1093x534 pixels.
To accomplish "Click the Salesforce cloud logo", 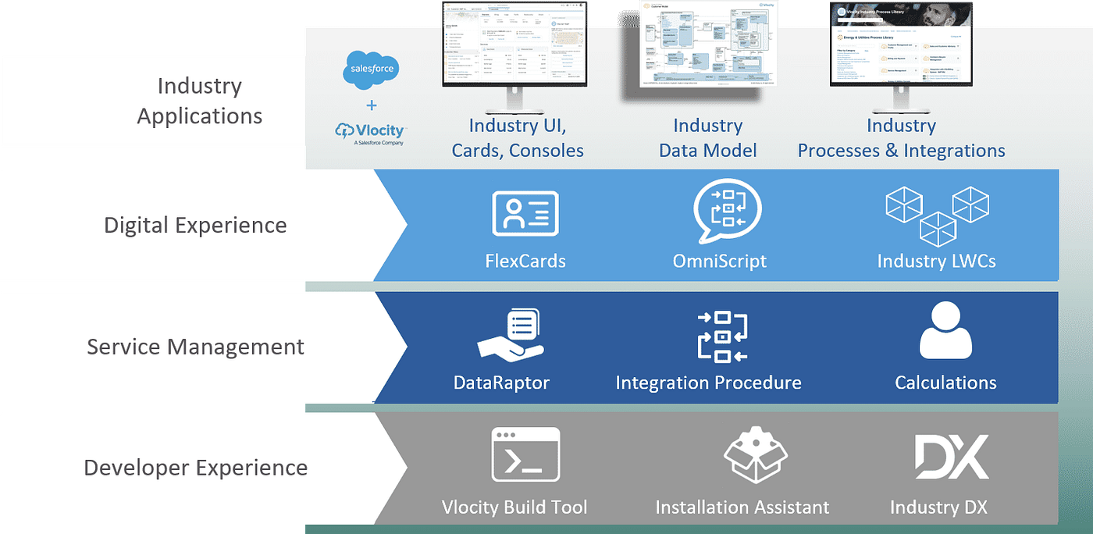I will click(x=371, y=69).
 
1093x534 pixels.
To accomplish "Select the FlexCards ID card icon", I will click(x=525, y=213).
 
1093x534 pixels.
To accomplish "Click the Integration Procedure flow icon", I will click(x=721, y=336).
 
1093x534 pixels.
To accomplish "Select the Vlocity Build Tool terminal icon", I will click(x=525, y=454).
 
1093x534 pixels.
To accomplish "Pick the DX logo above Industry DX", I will click(x=951, y=457).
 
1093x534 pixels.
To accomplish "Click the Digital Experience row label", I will click(x=195, y=226).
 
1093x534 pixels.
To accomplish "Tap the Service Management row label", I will click(x=195, y=347).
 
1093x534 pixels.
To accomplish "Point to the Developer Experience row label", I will click(x=195, y=468).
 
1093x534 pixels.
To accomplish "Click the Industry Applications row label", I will click(x=200, y=101).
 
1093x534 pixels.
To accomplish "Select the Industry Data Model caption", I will click(x=707, y=138).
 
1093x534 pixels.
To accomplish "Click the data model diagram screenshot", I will click(x=707, y=43).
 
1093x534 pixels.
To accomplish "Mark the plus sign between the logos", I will click(x=371, y=105).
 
